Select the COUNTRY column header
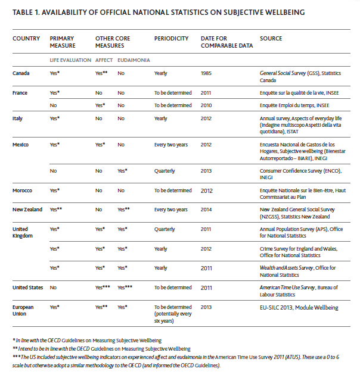[26, 39]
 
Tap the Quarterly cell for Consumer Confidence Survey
[165, 171]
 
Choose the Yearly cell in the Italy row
[161, 118]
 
